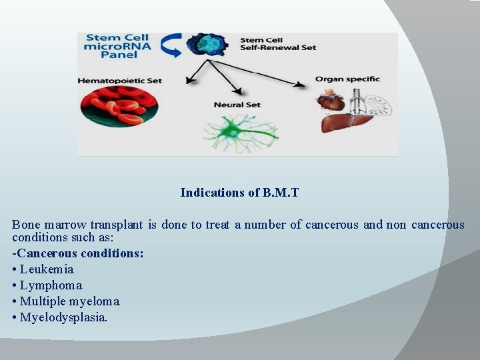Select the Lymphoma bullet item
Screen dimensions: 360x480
click(47, 285)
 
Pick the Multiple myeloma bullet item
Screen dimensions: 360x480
click(66, 301)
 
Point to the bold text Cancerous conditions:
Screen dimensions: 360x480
click(78, 254)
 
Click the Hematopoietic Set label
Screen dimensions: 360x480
click(120, 80)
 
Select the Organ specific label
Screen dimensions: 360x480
click(347, 79)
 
